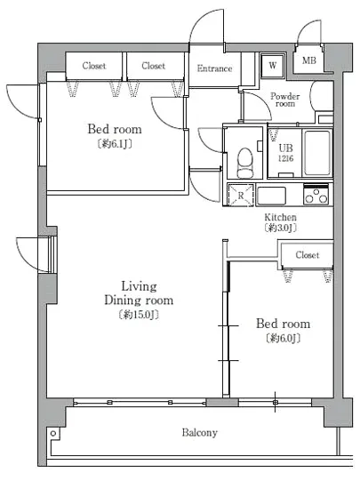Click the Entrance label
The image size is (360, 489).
pyautogui.click(x=214, y=68)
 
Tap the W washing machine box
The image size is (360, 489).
pyautogui.click(x=272, y=66)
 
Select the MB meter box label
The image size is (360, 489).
pyautogui.click(x=308, y=60)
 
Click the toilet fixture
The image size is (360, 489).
pyautogui.click(x=245, y=163)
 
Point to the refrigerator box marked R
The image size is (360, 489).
pyautogui.click(x=241, y=196)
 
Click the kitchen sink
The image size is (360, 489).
pyautogui.click(x=271, y=196)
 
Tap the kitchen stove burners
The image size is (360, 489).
pyautogui.click(x=316, y=195)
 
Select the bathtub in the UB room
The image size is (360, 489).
pyautogui.click(x=317, y=153)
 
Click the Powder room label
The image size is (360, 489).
pyautogui.click(x=284, y=100)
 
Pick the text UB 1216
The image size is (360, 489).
pyautogui.click(x=285, y=153)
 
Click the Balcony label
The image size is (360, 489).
pyautogui.click(x=199, y=433)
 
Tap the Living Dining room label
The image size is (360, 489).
pyautogui.click(x=139, y=293)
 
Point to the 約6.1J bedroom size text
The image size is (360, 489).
pyautogui.click(x=115, y=144)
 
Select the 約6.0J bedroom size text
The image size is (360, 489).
pyautogui.click(x=283, y=338)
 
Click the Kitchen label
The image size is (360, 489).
pyautogui.click(x=280, y=217)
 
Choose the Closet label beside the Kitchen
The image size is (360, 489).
pyautogui.click(x=308, y=255)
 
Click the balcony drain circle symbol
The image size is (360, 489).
pyautogui.click(x=53, y=434)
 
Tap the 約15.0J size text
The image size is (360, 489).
pyautogui.click(x=139, y=315)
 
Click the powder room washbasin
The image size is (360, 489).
pyautogui.click(x=321, y=96)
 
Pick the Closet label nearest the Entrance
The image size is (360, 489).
pyautogui.click(x=153, y=66)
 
